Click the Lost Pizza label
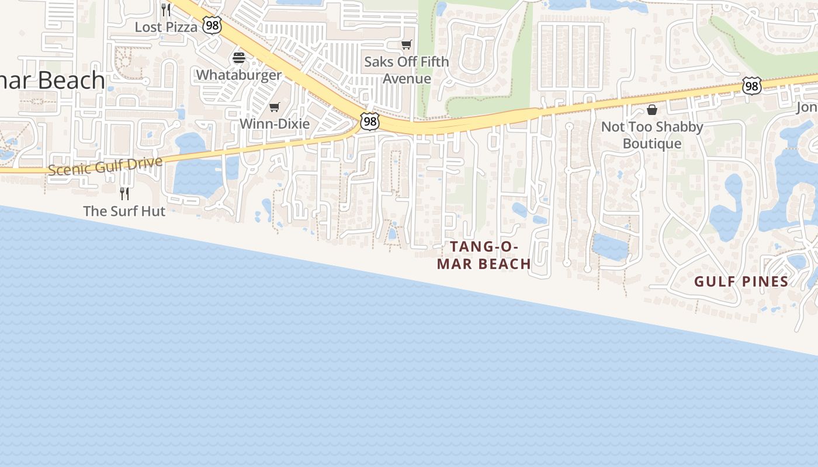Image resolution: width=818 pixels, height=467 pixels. [166, 27]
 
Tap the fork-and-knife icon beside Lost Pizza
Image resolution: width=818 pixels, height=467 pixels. [166, 9]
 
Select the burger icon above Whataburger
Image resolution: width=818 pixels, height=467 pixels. [239, 58]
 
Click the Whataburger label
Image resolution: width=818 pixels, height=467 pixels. [238, 75]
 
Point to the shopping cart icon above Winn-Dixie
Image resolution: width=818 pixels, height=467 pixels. [275, 107]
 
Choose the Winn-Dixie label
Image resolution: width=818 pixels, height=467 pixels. [275, 124]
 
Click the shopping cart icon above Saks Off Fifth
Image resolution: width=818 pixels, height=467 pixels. [407, 45]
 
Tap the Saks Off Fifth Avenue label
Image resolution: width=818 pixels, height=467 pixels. [407, 70]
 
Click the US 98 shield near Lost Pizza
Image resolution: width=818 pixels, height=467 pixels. [212, 25]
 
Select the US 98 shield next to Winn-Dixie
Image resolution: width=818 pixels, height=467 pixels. [369, 121]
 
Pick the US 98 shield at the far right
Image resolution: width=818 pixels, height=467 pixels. [752, 86]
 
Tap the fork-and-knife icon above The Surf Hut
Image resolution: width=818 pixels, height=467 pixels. [124, 193]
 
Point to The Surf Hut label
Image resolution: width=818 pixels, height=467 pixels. [124, 211]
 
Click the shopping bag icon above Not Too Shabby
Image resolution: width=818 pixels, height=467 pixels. [652, 110]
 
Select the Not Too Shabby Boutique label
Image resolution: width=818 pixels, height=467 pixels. [652, 135]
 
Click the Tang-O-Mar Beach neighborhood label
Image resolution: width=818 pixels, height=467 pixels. [484, 255]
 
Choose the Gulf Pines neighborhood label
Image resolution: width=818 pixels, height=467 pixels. [741, 281]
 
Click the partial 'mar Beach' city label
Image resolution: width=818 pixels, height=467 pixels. [53, 81]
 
